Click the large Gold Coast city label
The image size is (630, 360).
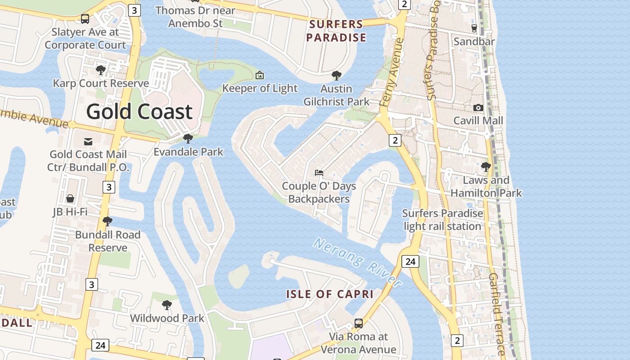pyautogui.click(x=139, y=112)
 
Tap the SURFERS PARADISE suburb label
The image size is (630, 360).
pyautogui.click(x=336, y=31)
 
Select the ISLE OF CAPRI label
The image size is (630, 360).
pyautogui.click(x=330, y=294)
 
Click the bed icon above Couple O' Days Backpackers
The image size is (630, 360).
pyautogui.click(x=319, y=173)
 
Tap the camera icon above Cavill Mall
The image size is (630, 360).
pyautogui.click(x=478, y=108)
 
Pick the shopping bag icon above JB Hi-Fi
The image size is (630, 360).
pyautogui.click(x=70, y=198)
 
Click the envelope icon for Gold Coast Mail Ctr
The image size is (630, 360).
pyautogui.click(x=88, y=142)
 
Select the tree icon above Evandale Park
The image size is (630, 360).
pyautogui.click(x=188, y=139)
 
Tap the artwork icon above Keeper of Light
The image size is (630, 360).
pyautogui.click(x=260, y=75)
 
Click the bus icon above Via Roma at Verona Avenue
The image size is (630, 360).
pyautogui.click(x=358, y=323)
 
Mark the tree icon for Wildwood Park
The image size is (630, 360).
pyautogui.click(x=166, y=305)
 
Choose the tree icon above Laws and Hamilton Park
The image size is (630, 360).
pyautogui.click(x=486, y=167)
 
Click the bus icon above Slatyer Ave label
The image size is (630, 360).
pyautogui.click(x=85, y=19)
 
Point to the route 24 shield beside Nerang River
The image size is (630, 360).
pyautogui.click(x=410, y=261)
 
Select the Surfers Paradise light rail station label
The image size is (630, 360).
pyautogui.click(x=442, y=220)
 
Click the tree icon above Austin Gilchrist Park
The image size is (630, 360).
pyautogui.click(x=336, y=76)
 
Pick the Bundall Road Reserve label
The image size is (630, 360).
pyautogui.click(x=108, y=241)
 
